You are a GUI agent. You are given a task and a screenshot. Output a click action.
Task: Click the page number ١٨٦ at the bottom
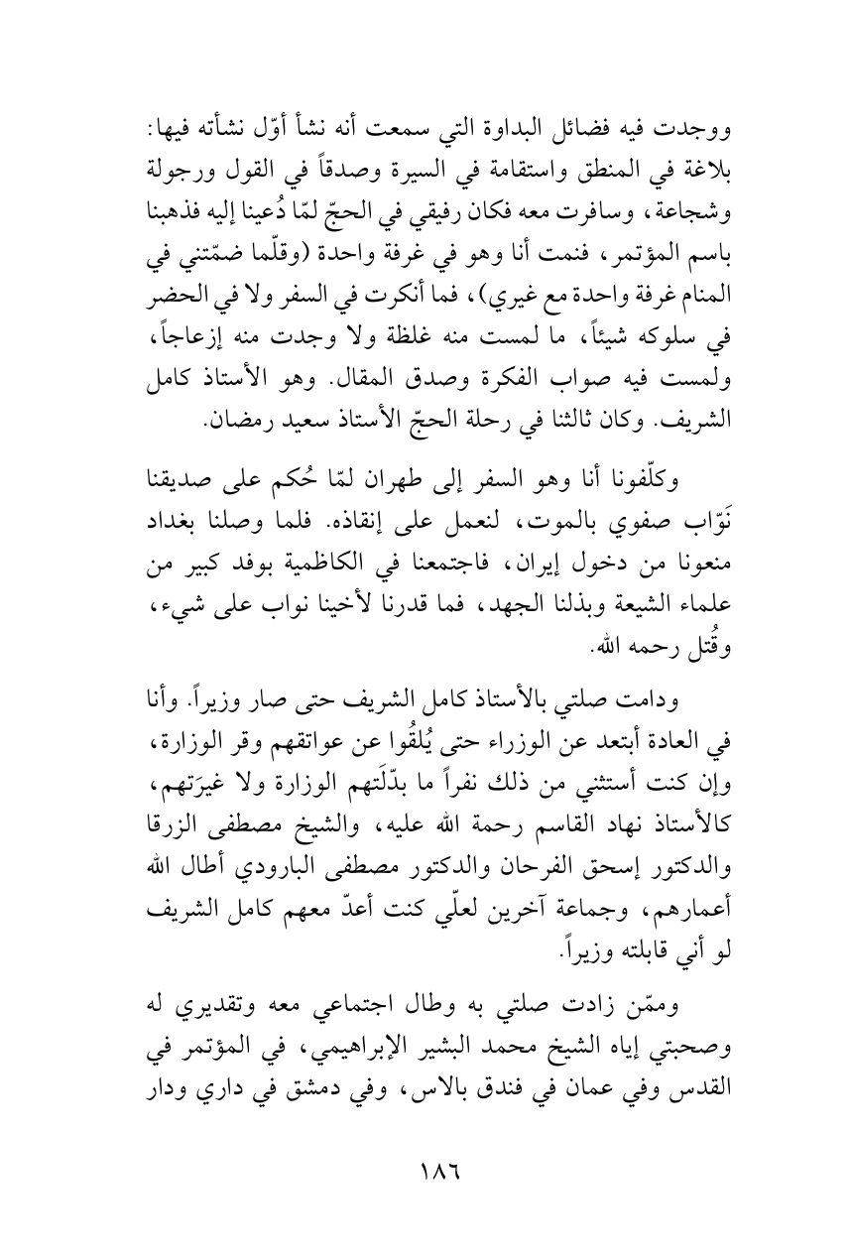(425, 1174)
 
